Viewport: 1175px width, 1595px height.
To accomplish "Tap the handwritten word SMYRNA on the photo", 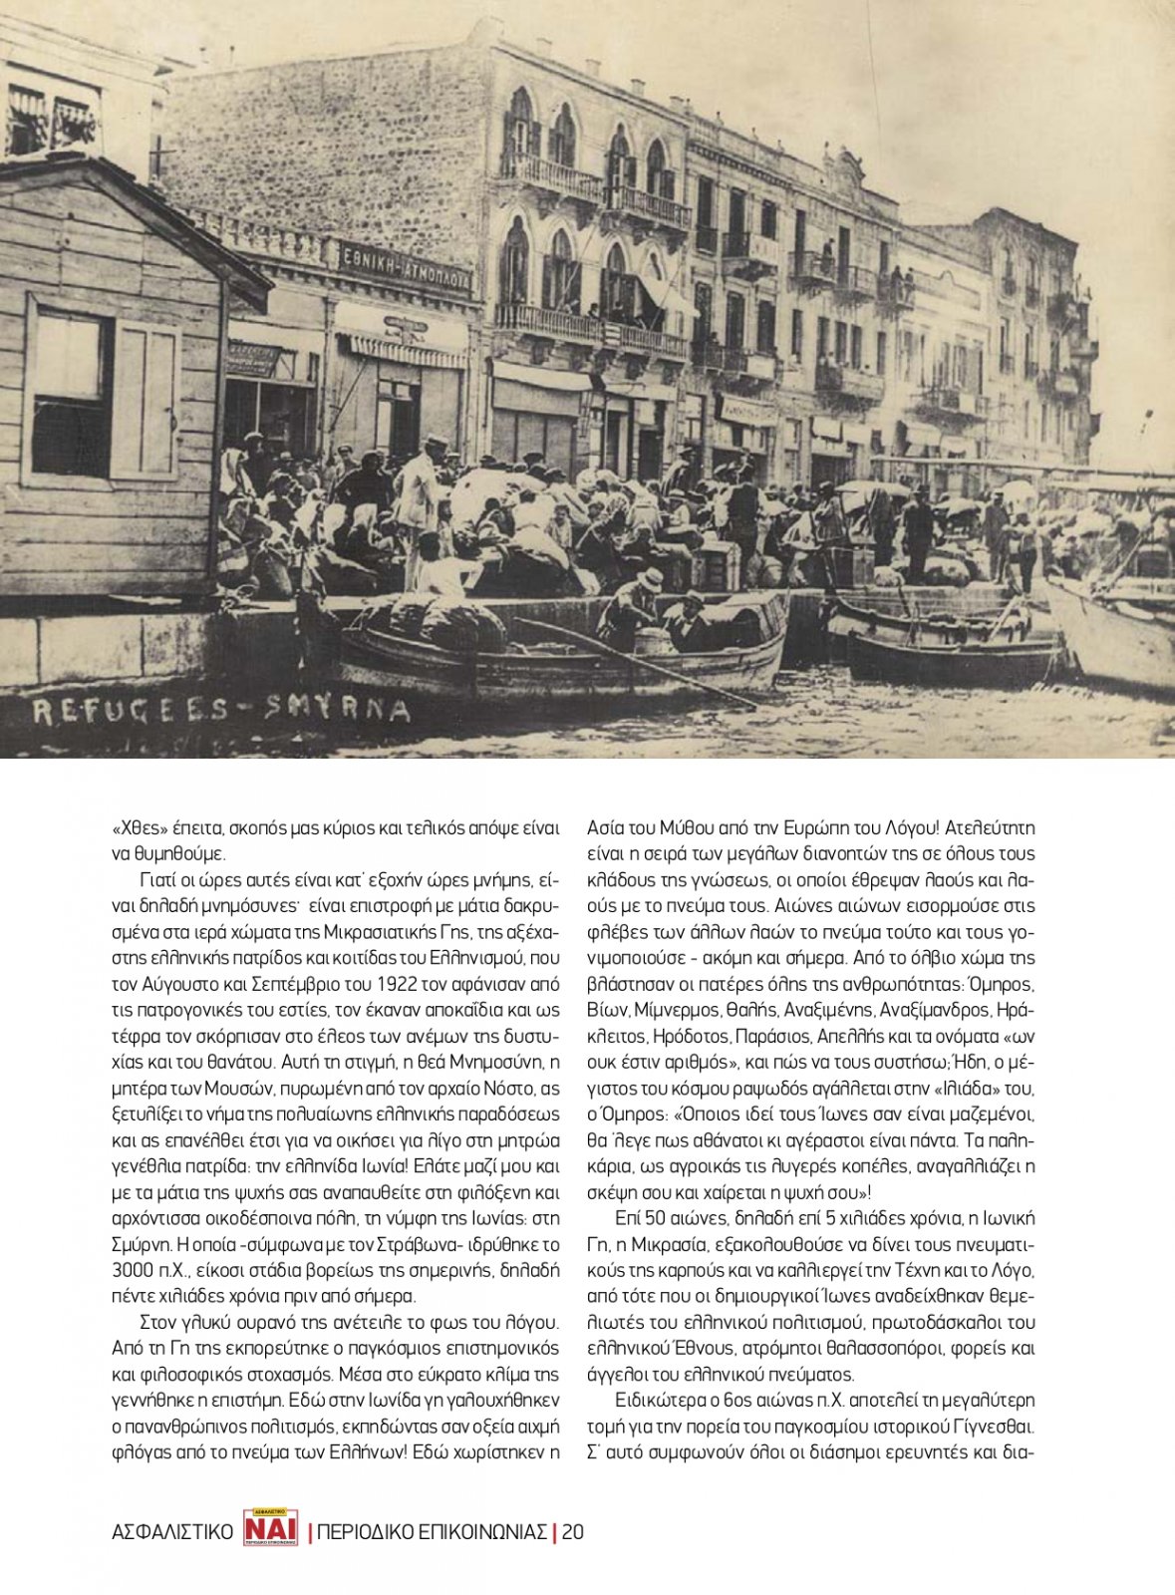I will pos(338,710).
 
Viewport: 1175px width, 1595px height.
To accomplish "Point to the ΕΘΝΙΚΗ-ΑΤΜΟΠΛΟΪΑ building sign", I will pos(406,266).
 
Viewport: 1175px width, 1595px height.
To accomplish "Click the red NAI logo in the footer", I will pos(270,1527).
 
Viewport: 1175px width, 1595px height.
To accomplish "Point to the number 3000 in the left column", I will pos(134,1270).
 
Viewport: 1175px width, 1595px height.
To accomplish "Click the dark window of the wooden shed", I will pos(70,394).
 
